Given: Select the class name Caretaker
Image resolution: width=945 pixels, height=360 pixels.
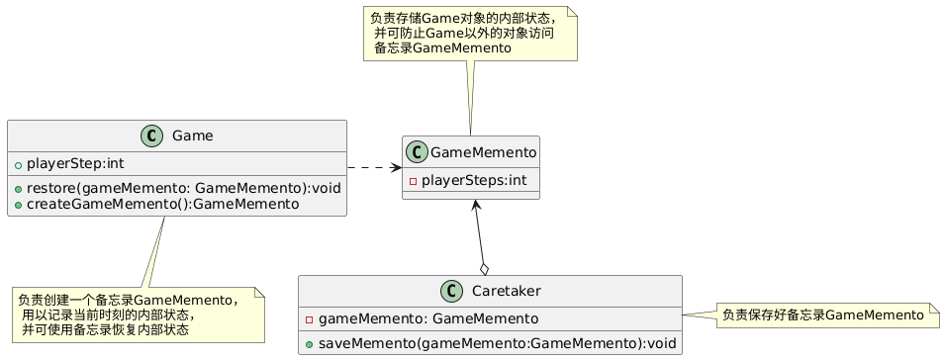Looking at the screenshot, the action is (498, 292).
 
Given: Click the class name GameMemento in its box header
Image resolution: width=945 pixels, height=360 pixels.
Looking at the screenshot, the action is (483, 152).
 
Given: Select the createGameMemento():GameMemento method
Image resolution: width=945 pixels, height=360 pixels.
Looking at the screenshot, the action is (162, 204).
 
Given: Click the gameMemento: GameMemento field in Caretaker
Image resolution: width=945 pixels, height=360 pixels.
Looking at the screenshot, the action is (428, 318).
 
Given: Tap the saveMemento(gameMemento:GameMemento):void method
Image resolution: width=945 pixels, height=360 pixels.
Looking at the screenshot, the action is (497, 344).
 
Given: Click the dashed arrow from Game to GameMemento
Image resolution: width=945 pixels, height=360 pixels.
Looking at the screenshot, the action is (374, 167).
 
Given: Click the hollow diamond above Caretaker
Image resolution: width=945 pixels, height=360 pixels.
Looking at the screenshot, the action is (485, 268).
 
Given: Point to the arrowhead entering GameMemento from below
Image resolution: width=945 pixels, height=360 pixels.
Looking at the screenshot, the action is (476, 206).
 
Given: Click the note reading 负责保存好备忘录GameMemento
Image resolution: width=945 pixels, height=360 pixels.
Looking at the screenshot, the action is (822, 315).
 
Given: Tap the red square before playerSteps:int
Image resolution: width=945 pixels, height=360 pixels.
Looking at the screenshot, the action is (413, 181).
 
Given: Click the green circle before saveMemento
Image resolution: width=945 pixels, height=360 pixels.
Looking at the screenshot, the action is (309, 344).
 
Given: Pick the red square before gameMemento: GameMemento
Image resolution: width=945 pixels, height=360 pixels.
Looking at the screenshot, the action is (309, 319).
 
